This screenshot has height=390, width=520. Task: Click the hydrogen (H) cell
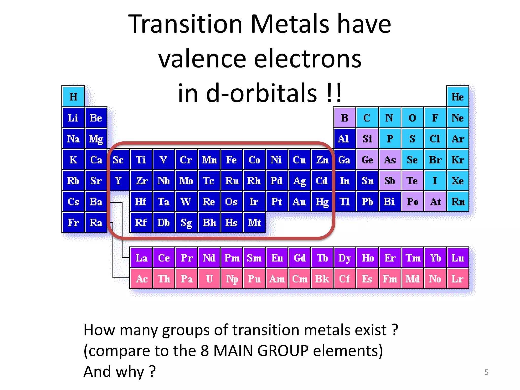tap(73, 96)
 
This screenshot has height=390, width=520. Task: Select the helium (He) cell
tap(458, 96)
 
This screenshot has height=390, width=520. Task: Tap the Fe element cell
tap(232, 160)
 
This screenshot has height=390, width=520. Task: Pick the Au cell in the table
tap(299, 202)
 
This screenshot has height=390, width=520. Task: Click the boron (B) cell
tap(345, 118)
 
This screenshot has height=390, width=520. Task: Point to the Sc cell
tap(118, 160)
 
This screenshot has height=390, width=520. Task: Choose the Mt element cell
tap(254, 223)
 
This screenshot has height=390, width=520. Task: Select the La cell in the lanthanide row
tap(141, 258)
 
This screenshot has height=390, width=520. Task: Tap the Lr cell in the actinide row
tap(458, 279)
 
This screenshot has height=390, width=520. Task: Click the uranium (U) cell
tap(209, 279)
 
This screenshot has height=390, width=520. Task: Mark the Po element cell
tap(413, 202)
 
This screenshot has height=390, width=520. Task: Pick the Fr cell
tap(73, 223)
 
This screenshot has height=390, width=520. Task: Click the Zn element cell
tap(322, 160)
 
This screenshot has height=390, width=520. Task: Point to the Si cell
tap(367, 139)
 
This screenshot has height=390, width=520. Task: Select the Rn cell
tap(458, 202)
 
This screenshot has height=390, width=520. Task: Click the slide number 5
tap(486, 372)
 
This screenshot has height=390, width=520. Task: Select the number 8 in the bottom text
tap(204, 351)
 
